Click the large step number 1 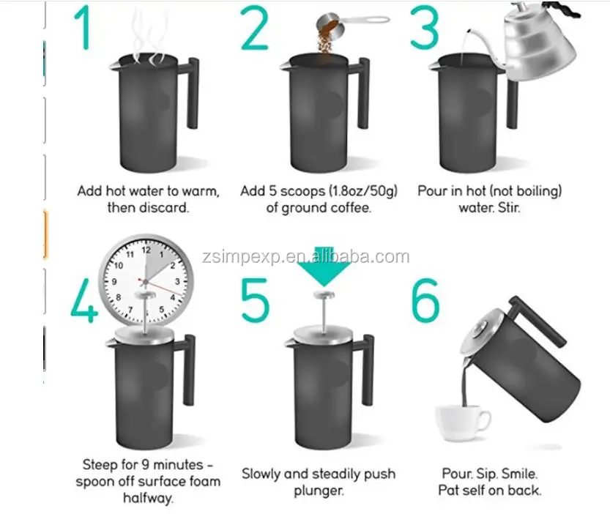click(x=84, y=27)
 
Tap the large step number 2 click(x=255, y=28)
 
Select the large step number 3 click(x=425, y=28)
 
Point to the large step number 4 click(x=84, y=300)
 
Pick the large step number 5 click(x=255, y=300)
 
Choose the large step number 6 click(x=425, y=300)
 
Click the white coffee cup click(x=462, y=423)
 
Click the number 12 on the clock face click(x=146, y=250)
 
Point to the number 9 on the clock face click(x=114, y=281)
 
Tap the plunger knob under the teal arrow click(x=324, y=295)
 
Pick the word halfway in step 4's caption click(x=148, y=498)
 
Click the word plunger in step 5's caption click(x=319, y=491)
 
